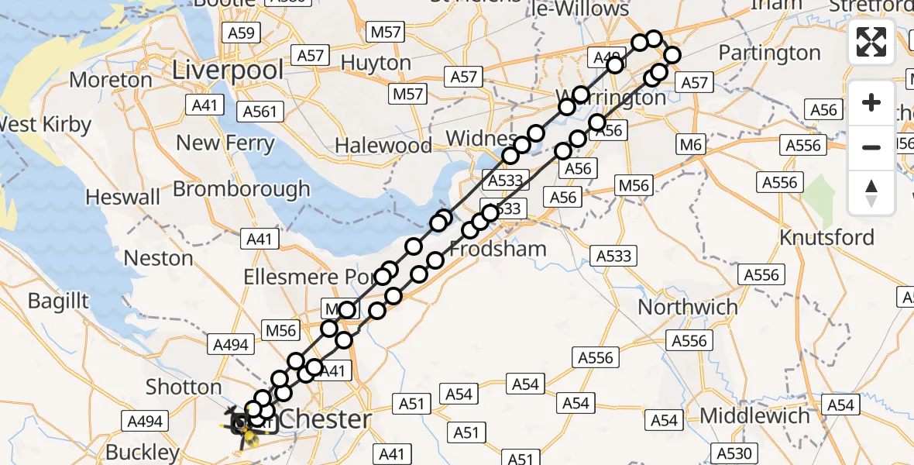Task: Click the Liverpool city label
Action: pos(228,70)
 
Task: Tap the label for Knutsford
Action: pos(827,237)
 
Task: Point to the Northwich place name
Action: pos(688,307)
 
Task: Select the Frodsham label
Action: pos(498,249)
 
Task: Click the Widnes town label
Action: pos(482,139)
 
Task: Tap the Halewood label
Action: pos(383,146)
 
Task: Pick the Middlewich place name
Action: pos(755,416)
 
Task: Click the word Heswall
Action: pos(123,197)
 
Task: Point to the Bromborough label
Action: pos(241,189)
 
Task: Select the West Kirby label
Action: pos(45,124)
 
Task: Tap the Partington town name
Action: pos(769,53)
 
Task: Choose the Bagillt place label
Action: pos(58,301)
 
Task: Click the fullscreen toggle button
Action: pos(871,42)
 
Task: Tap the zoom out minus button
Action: pos(871,147)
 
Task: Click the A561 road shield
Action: pos(259,112)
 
